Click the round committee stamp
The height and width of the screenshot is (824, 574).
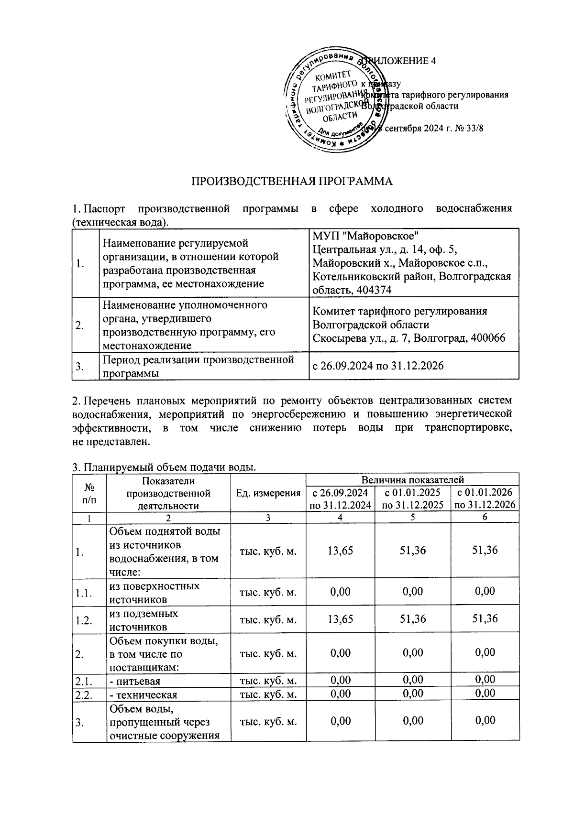coord(335,101)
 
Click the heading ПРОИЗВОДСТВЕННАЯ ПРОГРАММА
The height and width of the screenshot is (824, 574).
coord(292,181)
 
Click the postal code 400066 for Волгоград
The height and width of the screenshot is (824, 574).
coord(487,338)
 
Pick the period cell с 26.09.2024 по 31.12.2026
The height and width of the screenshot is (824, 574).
coord(378,366)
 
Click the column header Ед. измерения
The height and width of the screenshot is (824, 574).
coord(268,493)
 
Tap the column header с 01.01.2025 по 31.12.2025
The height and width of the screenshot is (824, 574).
coord(413,499)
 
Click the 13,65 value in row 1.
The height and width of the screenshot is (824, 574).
coord(341,550)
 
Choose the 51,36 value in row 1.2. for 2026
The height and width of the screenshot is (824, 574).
coord(485,618)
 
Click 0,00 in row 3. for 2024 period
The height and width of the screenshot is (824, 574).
coord(341,720)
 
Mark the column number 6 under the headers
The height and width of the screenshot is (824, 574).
coord(484,517)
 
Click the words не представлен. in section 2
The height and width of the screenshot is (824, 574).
coord(111,441)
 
